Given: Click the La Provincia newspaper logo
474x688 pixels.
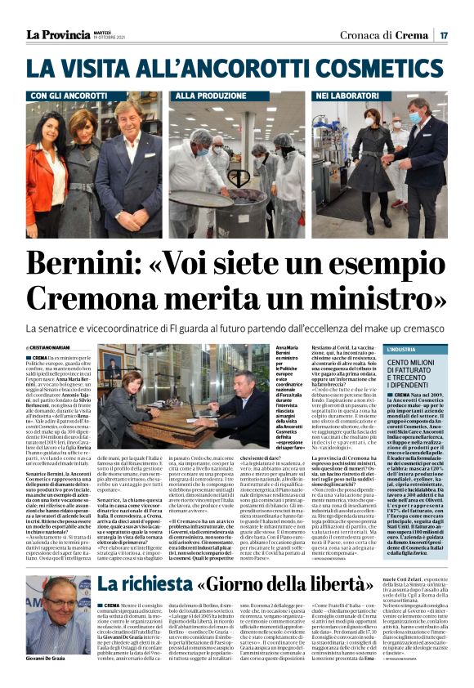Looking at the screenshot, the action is [x=57, y=34].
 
